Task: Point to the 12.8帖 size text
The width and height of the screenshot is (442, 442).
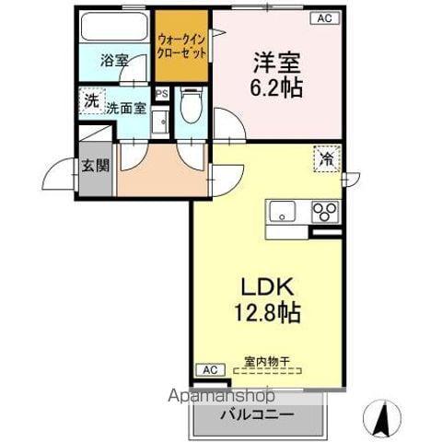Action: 267,313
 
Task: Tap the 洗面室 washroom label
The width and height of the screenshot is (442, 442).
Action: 124,108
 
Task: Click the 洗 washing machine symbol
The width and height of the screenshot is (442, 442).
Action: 91,100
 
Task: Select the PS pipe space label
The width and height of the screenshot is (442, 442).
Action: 162,94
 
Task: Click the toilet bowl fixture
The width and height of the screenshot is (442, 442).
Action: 191,106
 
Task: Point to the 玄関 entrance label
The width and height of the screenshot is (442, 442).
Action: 94,167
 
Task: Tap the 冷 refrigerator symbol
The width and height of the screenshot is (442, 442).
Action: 327,158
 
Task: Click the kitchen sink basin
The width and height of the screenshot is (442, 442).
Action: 282,210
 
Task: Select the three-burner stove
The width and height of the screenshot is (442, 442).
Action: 325,211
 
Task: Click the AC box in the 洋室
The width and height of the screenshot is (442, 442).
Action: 324,17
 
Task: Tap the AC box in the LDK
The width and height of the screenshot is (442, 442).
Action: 209,369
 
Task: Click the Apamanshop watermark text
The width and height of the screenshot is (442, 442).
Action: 222,396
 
